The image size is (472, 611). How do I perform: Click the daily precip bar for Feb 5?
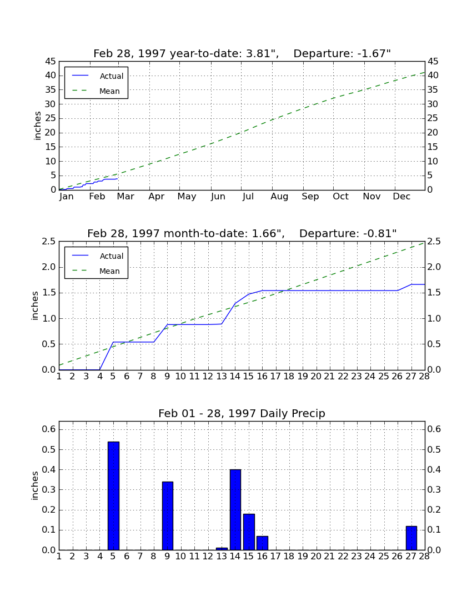coord(113,495)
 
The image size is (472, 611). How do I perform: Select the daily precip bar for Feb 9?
coord(168,516)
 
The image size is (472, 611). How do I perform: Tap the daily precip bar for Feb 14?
coord(235,510)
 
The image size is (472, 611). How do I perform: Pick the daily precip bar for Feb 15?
coord(249,532)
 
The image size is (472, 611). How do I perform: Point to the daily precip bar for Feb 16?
coord(262,543)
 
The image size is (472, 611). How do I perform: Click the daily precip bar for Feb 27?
coord(411,538)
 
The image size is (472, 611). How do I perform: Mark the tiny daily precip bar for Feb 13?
coord(222,549)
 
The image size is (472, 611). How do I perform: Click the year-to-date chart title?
coord(242,53)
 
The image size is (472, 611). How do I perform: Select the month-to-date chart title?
coord(242,233)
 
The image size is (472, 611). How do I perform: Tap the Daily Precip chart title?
coord(242,413)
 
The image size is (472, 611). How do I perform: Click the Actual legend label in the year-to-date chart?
coord(112,77)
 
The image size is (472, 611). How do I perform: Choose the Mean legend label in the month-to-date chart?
coord(109,271)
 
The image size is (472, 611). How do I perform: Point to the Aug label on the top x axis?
coord(280,197)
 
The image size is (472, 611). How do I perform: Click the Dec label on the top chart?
coord(401,197)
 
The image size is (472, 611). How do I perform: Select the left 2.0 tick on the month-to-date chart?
coord(49,267)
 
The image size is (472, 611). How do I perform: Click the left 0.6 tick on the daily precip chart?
coord(49,429)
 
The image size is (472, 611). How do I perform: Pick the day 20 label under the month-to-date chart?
coord(316,377)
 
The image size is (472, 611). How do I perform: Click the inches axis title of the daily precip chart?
coord(35,485)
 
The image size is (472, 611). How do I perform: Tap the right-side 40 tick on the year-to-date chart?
coord(433,76)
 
